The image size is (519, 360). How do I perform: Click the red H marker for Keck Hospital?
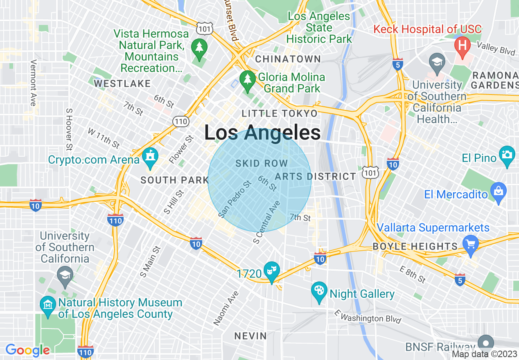(463, 44)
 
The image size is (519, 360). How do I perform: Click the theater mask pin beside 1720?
(271, 270)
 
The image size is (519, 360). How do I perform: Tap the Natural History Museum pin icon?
(48, 305)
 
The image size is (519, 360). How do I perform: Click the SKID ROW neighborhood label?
(262, 164)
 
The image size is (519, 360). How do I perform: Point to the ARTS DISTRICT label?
(315, 176)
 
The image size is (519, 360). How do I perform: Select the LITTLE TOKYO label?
(280, 113)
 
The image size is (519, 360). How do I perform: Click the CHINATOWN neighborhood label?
(288, 59)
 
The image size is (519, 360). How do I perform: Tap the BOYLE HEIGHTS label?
(415, 246)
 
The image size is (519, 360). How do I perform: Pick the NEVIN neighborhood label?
(250, 336)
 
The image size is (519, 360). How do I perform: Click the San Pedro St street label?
(235, 200)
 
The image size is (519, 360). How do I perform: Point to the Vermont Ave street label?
(34, 83)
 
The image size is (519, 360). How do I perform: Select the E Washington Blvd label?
(367, 316)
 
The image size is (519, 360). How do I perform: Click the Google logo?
(27, 350)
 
